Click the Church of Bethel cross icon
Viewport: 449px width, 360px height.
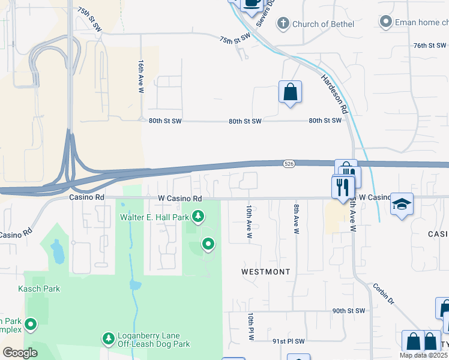283,24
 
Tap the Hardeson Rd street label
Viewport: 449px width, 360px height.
334,94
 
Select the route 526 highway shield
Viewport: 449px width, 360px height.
288,163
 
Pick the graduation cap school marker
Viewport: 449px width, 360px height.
401,204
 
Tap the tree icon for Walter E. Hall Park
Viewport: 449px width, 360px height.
197,215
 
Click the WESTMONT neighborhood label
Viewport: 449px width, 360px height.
266,272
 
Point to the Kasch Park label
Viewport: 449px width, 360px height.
42,289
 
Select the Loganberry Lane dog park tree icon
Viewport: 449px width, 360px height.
109,339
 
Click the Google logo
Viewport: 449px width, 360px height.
20,353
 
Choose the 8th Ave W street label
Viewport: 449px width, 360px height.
296,218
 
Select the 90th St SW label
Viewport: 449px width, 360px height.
349,311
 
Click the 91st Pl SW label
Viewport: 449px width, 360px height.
289,341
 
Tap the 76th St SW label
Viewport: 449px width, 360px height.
430,46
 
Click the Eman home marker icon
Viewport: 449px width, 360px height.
385,22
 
